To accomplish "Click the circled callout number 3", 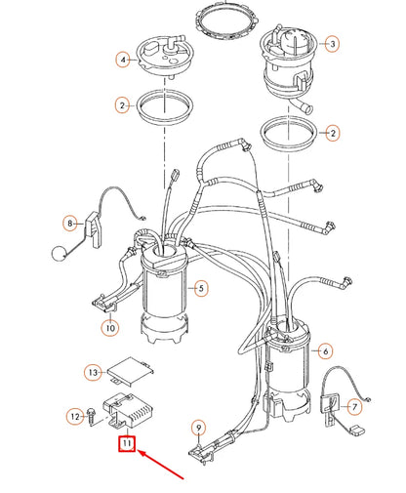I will (332, 44).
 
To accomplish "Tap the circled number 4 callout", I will (123, 60).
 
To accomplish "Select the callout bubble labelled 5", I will (201, 288).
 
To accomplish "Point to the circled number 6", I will (326, 350).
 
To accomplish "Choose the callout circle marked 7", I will (354, 405).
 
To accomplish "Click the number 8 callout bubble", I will (70, 223).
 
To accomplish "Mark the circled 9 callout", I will (198, 426).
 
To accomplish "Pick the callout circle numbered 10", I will (110, 329).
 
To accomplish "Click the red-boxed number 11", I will (126, 445).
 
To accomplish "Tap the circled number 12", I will (75, 416).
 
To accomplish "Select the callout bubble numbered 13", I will (92, 372).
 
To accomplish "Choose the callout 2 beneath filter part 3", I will (333, 131).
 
